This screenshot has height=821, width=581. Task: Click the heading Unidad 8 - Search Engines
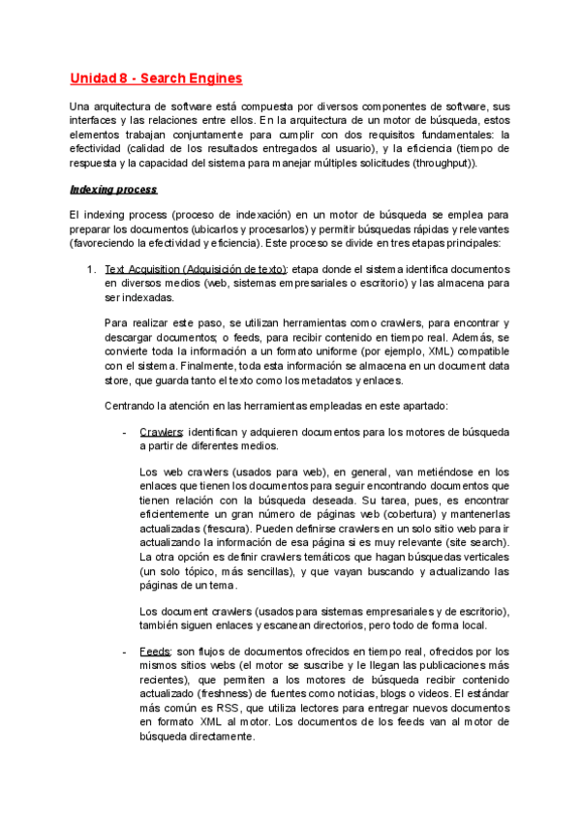point(156,78)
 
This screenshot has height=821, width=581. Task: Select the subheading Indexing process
point(113,189)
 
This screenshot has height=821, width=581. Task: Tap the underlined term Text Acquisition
point(142,268)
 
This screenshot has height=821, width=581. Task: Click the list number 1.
point(92,268)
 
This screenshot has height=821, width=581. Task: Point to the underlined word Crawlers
point(161,431)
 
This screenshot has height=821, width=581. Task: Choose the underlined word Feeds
point(155,654)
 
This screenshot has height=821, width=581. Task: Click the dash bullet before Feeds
point(126,654)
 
